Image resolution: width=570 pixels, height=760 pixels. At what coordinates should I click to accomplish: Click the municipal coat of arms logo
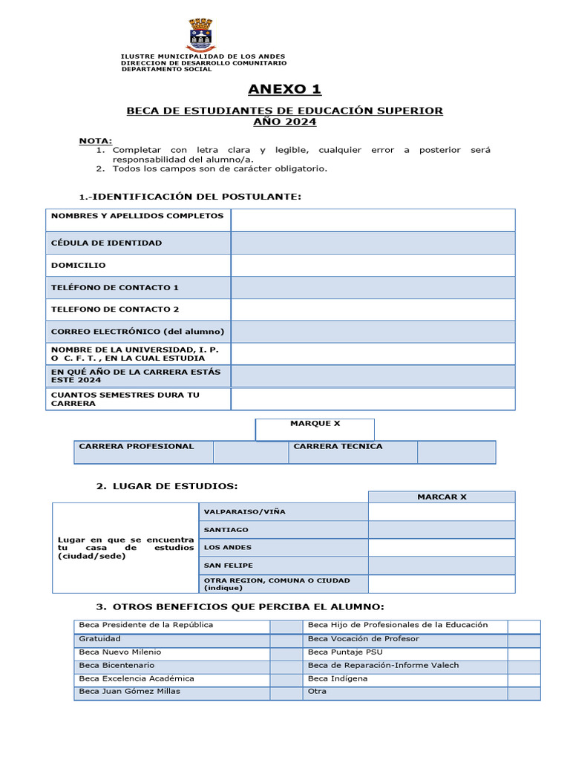tap(200, 35)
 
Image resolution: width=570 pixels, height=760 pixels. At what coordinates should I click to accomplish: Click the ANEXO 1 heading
tap(284, 90)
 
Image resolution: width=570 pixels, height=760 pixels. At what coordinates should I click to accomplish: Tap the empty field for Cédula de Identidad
tap(373, 243)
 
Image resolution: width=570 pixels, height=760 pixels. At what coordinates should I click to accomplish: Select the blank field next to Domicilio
tap(373, 265)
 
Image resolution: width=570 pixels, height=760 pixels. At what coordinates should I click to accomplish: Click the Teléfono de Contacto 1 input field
tap(373, 287)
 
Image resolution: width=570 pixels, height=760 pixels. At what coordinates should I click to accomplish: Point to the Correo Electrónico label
tap(137, 332)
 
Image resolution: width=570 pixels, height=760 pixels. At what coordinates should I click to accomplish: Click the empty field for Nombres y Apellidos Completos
tap(373, 220)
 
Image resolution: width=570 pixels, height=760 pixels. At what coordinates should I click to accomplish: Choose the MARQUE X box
tap(315, 429)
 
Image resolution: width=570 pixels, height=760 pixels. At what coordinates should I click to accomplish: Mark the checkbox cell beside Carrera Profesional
tap(250, 452)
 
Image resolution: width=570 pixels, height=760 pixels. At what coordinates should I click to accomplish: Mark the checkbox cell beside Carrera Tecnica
tap(456, 452)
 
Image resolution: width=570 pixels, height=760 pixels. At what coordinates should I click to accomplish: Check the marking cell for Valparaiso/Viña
tap(441, 512)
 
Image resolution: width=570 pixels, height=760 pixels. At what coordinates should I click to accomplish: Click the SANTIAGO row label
tap(226, 530)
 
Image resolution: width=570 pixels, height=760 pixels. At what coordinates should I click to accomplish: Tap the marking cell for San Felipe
tap(441, 566)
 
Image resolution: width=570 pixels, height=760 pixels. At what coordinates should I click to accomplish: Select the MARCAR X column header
tap(441, 497)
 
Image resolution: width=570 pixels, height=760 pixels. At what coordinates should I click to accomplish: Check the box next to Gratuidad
tap(284, 640)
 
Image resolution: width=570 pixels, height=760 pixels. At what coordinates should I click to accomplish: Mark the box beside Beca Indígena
tap(523, 679)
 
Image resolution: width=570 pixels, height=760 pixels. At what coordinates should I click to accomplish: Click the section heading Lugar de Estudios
tap(167, 486)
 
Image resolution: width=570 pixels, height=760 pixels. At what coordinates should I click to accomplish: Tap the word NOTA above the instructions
tap(96, 140)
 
